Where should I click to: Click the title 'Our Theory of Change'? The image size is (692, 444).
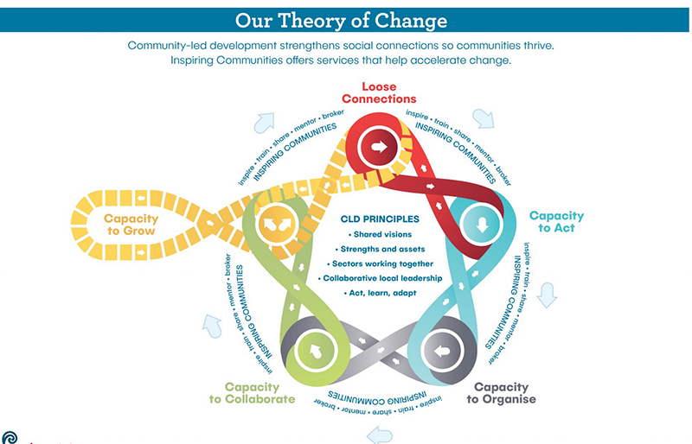click(x=345, y=18)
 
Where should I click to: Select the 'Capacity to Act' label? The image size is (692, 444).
click(x=556, y=222)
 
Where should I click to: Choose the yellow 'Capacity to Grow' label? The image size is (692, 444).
click(x=130, y=225)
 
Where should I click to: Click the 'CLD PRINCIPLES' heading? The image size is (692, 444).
click(x=381, y=219)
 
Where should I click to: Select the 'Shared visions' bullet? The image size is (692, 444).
click(x=381, y=235)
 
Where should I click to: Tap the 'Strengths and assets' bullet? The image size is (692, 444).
click(x=381, y=249)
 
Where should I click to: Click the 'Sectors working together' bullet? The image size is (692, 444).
click(x=381, y=263)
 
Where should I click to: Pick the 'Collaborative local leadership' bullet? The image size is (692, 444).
click(x=381, y=278)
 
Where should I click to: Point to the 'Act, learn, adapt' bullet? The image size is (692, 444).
click(x=381, y=293)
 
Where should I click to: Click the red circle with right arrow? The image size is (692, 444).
click(x=378, y=147)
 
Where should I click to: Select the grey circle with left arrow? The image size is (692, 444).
click(x=442, y=351)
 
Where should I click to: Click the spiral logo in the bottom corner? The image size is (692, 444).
click(x=8, y=437)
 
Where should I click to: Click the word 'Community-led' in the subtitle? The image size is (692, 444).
click(x=163, y=45)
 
